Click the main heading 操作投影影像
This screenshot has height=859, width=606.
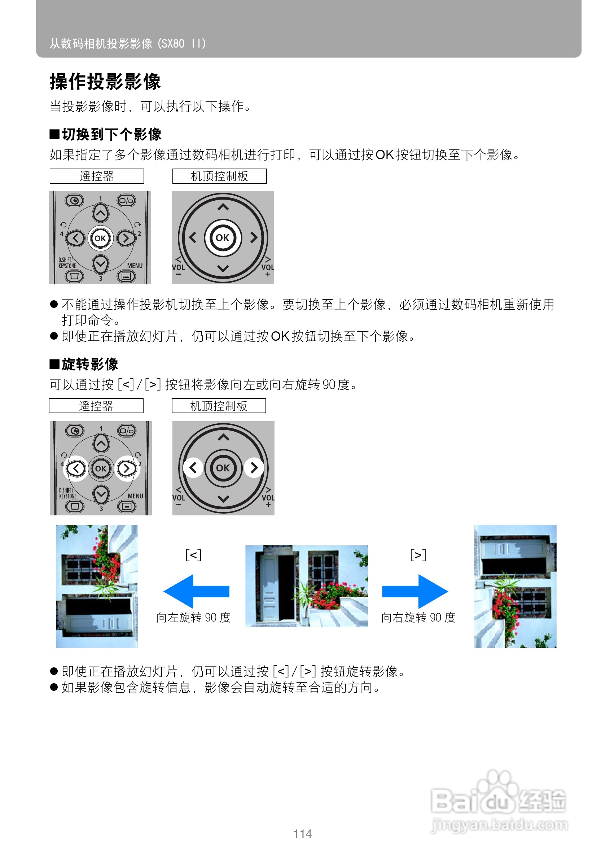(105, 82)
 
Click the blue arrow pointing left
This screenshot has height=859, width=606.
(196, 591)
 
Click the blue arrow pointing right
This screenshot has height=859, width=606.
(415, 591)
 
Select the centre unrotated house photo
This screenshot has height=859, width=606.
(306, 586)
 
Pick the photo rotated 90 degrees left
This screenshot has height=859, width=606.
(97, 586)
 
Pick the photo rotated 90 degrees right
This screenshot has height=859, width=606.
(515, 586)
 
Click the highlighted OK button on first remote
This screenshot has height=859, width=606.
(100, 238)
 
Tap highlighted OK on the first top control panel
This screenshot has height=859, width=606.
(223, 237)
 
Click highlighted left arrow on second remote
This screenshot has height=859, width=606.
(76, 468)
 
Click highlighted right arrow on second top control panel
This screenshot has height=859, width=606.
(254, 468)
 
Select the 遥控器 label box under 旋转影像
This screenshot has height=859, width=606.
(96, 406)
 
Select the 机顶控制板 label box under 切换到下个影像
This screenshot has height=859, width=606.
(219, 176)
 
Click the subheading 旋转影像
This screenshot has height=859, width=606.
(90, 364)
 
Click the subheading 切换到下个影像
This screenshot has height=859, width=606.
(111, 134)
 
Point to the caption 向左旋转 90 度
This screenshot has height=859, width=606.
(193, 617)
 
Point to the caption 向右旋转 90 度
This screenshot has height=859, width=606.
(418, 617)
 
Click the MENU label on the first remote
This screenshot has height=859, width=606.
(135, 266)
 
